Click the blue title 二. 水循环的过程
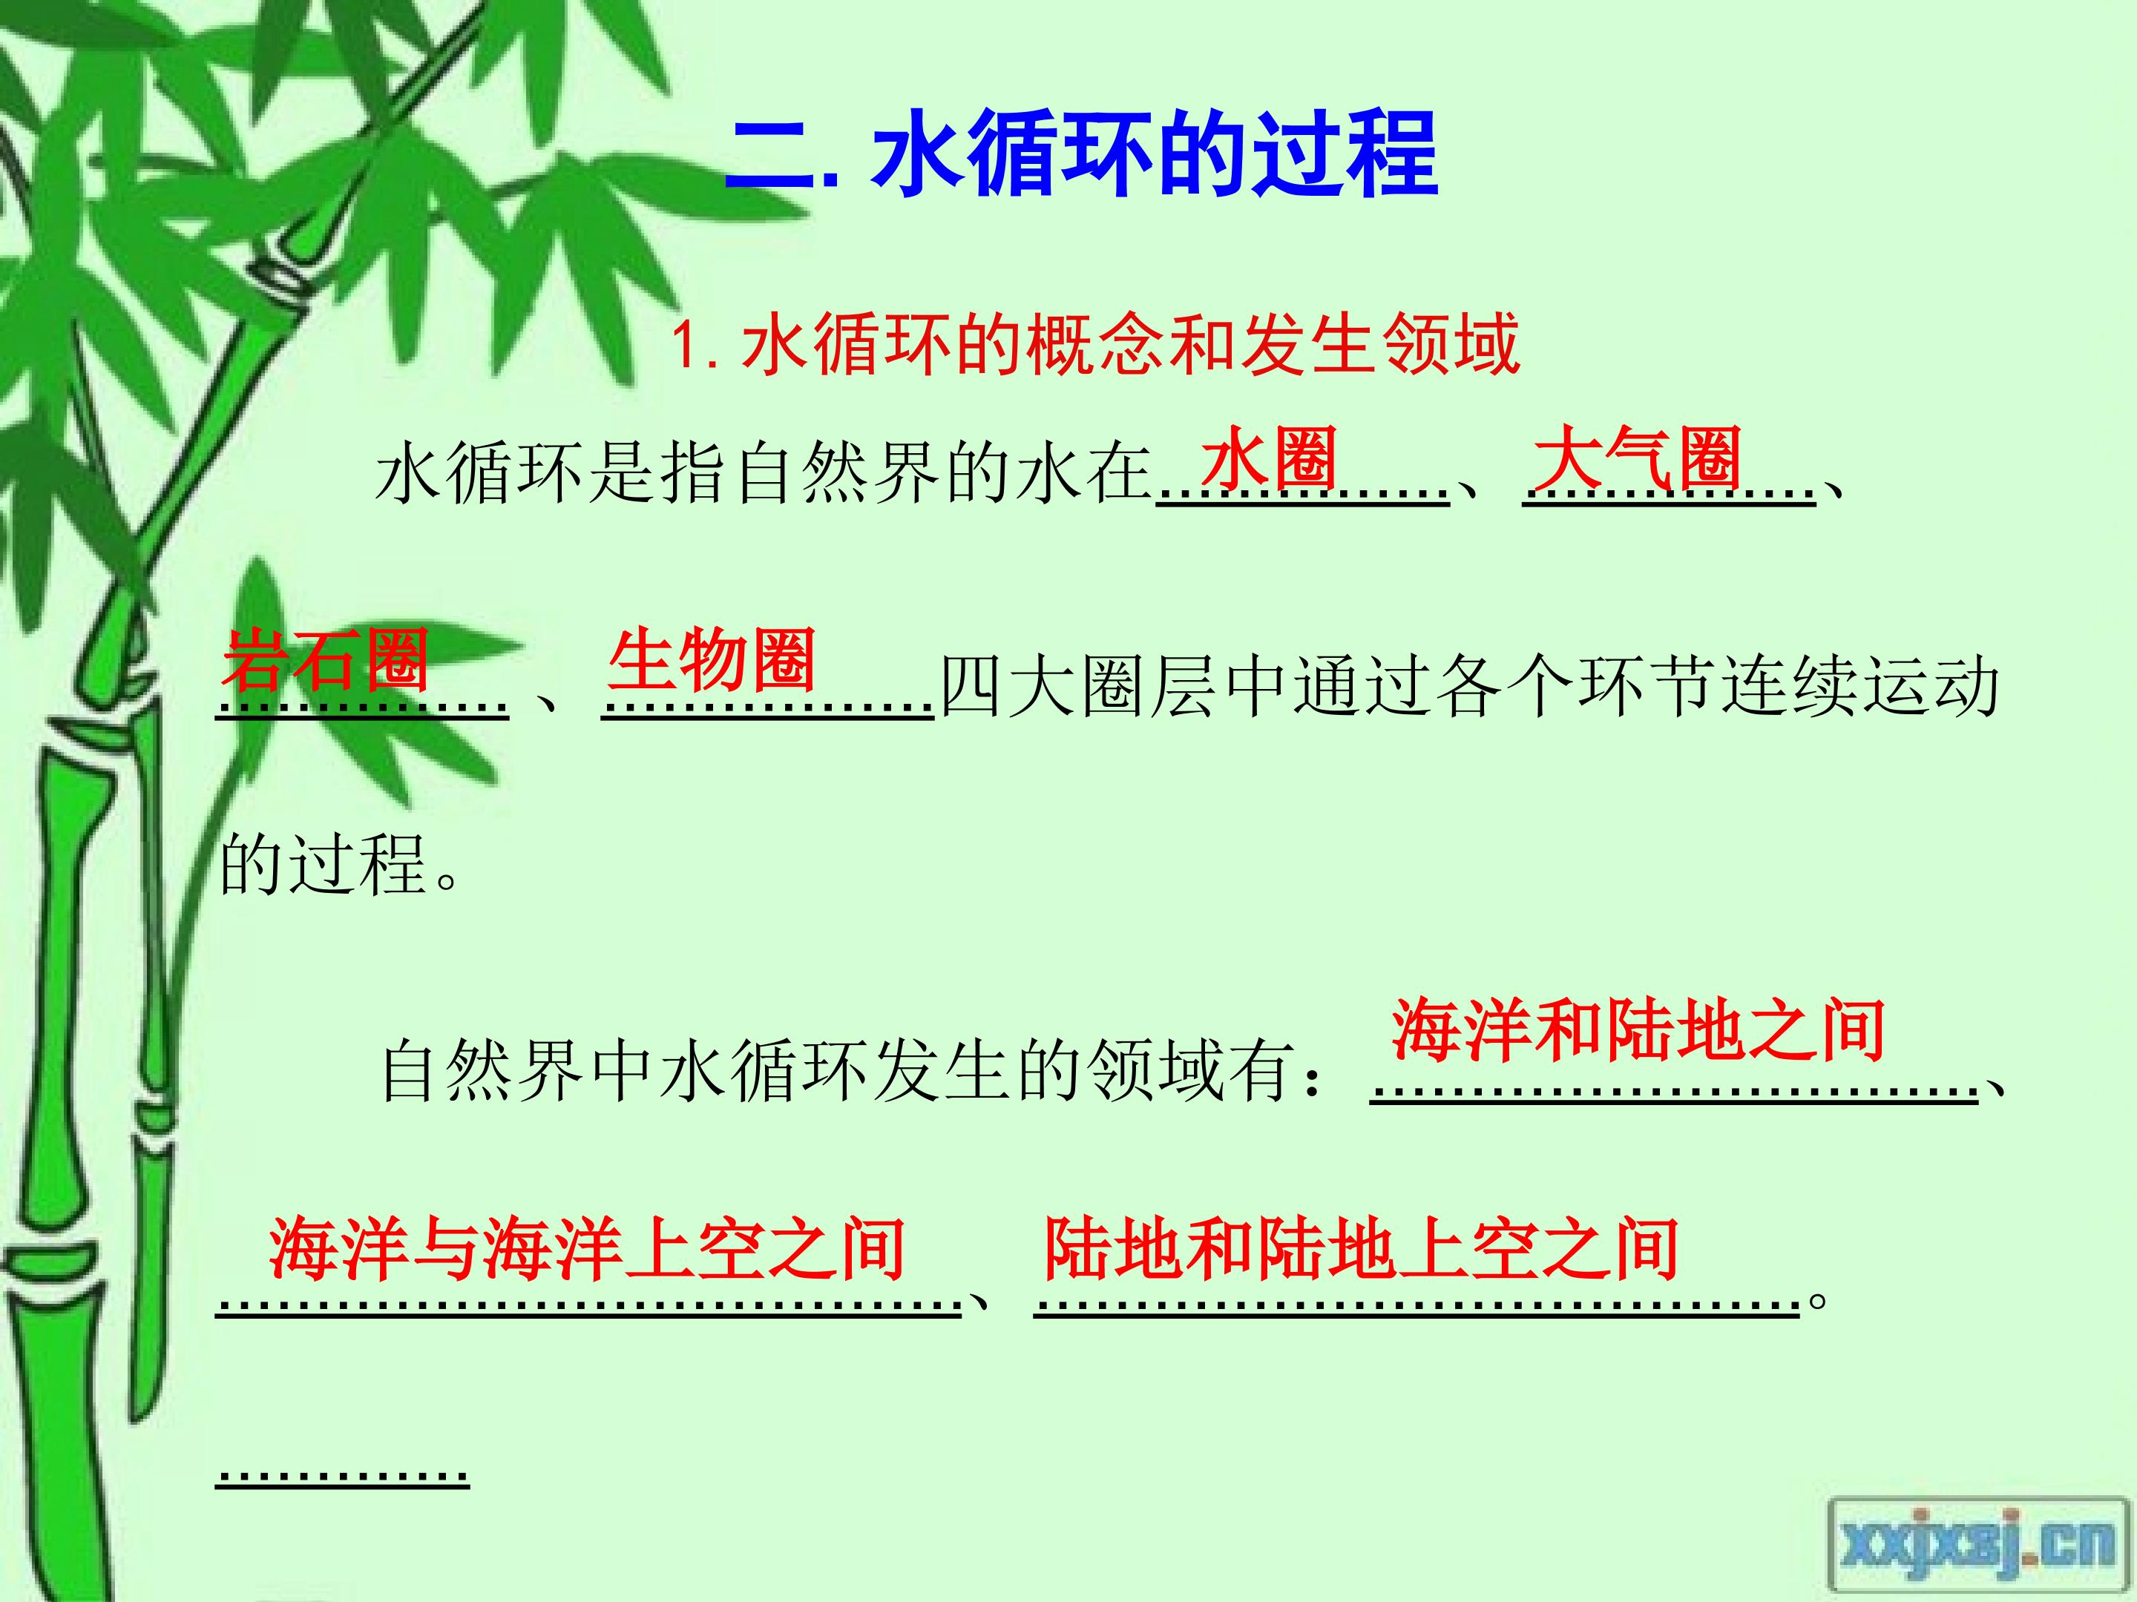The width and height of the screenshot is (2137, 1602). [1082, 154]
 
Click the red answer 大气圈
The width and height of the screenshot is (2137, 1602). [1637, 458]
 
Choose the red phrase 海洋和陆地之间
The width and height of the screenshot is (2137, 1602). [1638, 1030]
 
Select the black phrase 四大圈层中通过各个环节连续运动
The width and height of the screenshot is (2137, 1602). [1469, 688]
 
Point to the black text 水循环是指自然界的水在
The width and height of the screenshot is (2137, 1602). [764, 475]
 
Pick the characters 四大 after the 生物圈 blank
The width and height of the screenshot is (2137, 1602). [1010, 688]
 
